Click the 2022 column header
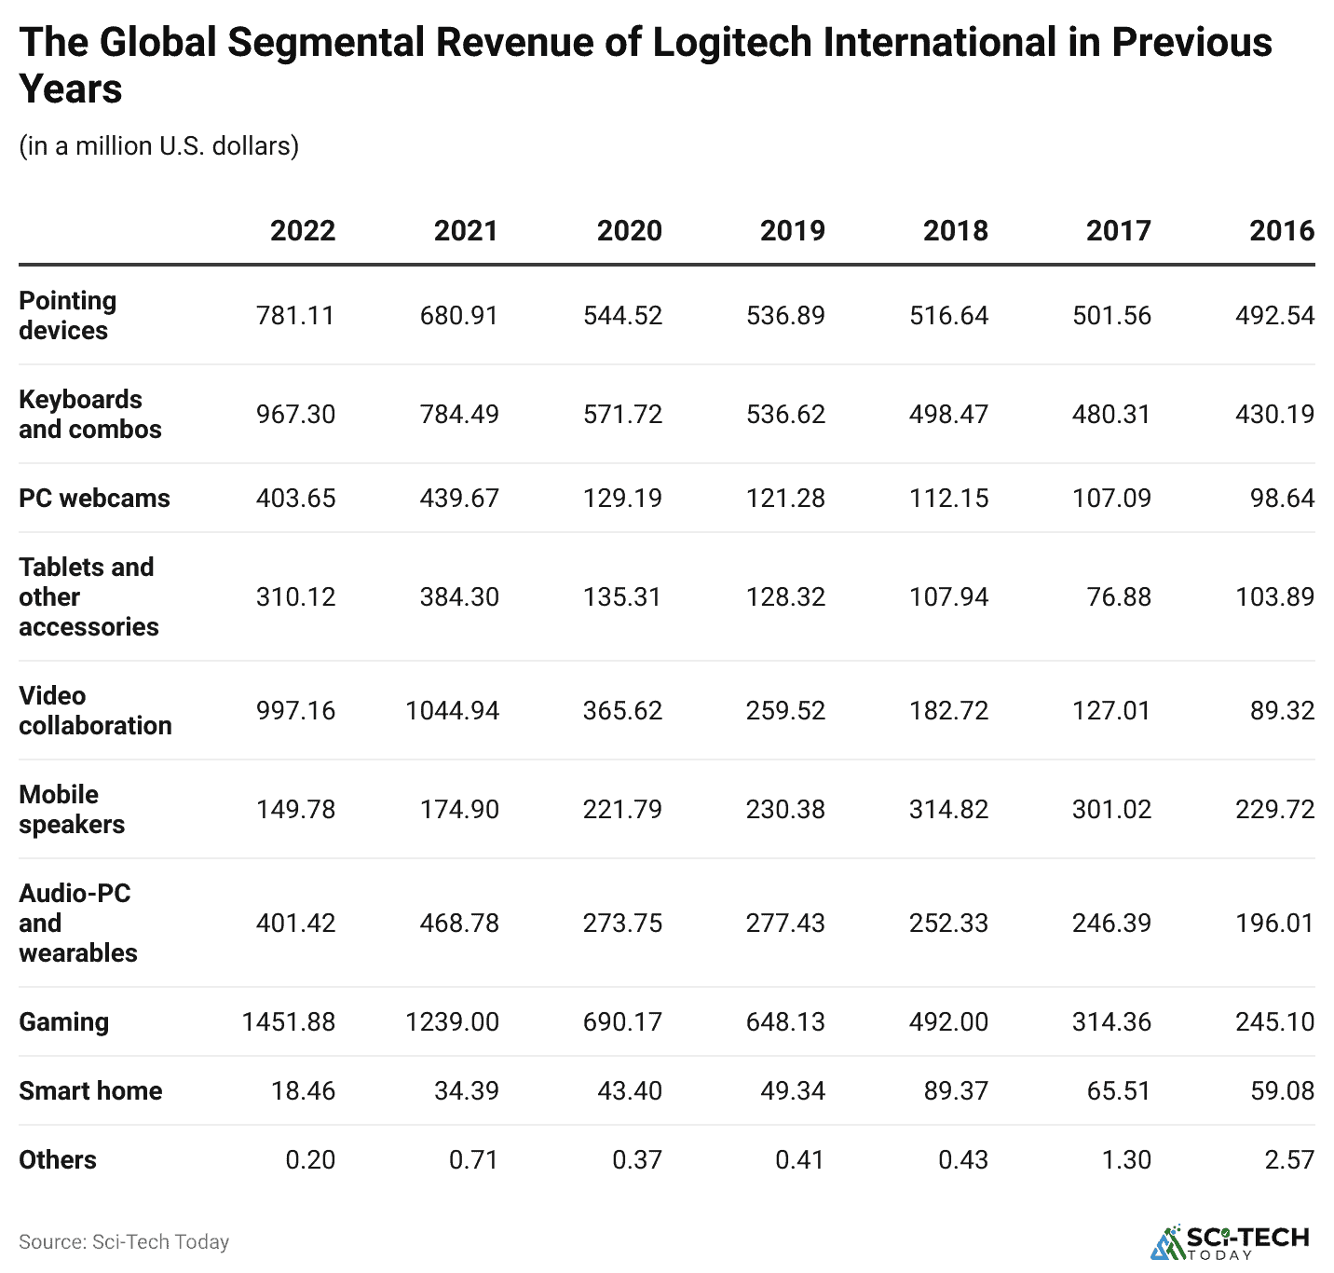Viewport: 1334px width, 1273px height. pos(302,230)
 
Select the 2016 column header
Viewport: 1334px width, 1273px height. pos(1281,230)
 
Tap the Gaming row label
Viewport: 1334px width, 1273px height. pos(63,1022)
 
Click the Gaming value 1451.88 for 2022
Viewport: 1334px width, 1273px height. pos(288,1022)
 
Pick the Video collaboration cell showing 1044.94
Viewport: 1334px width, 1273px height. pos(452,711)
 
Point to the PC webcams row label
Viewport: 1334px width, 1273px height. pos(94,499)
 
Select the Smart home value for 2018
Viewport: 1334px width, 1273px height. pos(956,1091)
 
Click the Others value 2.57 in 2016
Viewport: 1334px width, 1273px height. pos(1289,1160)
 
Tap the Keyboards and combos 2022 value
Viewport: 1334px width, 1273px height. pos(295,415)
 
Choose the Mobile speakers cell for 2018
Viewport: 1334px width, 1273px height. pos(948,810)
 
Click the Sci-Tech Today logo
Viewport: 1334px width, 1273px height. pos(1231,1242)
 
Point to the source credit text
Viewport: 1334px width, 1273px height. pos(124,1242)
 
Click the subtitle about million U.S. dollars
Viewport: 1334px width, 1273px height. pos(158,146)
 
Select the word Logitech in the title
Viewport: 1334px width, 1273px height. pos(732,43)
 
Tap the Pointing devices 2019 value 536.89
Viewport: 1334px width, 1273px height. pos(785,316)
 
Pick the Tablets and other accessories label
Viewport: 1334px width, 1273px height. pos(88,597)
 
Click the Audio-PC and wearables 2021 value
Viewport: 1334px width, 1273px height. pos(459,924)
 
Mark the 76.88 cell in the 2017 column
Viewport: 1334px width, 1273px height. pos(1119,597)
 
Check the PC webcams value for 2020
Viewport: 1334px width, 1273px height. pos(622,499)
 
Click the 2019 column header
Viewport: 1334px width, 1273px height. pos(792,230)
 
